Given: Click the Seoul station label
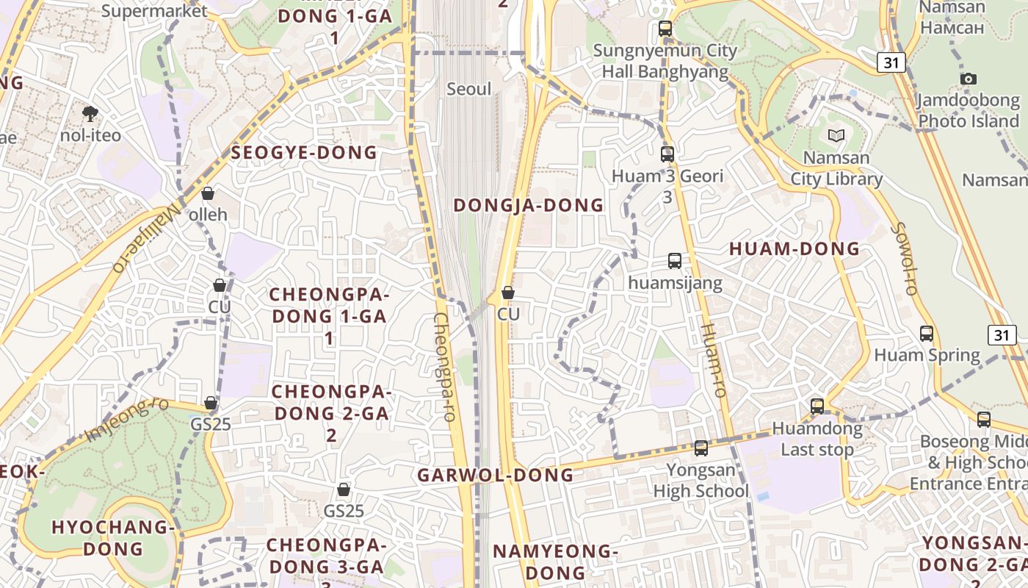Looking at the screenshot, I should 469,89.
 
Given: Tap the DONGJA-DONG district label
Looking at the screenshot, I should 528,205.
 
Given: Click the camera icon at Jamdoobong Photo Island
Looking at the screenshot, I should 969,79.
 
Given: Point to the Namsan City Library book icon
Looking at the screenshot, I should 836,135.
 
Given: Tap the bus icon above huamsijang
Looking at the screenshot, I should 675,261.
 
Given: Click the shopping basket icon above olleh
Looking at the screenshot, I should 208,193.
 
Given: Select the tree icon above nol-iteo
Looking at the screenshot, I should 90,113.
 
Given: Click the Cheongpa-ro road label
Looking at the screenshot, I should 446,367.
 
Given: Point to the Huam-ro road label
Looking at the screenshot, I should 713,360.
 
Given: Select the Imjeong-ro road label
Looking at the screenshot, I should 127,420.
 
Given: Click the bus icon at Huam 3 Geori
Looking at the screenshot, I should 667,154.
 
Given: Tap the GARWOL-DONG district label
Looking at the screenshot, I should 496,475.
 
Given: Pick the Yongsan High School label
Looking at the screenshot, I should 701,480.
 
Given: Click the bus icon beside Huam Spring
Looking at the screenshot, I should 927,334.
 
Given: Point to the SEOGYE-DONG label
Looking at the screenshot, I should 304,153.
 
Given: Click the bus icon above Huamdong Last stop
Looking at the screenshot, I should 817,406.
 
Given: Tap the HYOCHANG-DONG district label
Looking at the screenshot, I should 113,537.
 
